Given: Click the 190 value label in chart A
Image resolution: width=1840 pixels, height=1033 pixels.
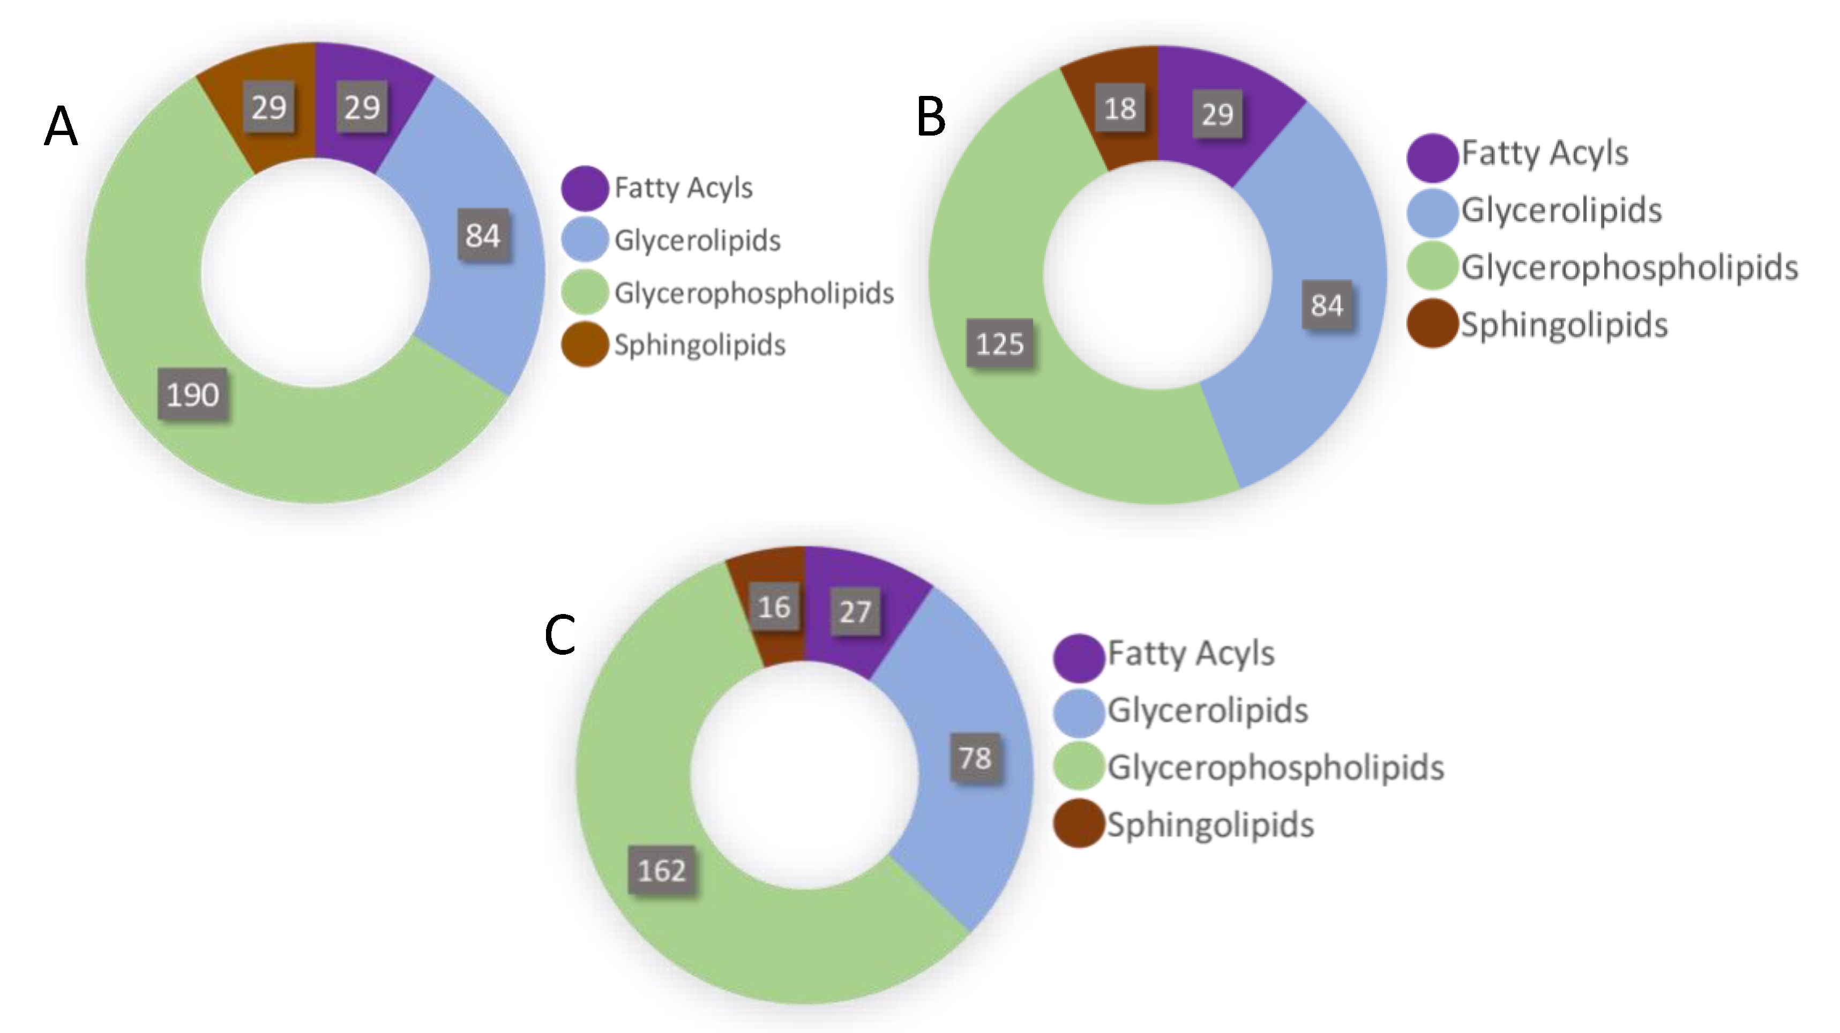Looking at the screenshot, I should click(x=193, y=394).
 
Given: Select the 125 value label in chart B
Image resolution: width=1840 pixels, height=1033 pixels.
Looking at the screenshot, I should click(x=999, y=343).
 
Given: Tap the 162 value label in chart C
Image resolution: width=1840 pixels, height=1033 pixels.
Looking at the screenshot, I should click(x=661, y=870).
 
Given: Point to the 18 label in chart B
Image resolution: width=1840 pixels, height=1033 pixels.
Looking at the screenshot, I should click(x=1119, y=109).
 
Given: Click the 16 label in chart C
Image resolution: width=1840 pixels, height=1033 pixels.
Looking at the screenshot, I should click(x=774, y=607).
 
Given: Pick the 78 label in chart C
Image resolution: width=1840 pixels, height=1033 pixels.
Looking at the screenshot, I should click(x=975, y=758).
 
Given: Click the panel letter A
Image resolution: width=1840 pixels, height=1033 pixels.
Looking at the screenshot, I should click(x=61, y=126).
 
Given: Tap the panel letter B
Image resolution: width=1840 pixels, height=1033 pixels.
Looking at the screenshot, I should click(x=931, y=117).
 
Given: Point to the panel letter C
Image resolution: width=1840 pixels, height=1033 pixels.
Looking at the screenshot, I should click(x=559, y=635).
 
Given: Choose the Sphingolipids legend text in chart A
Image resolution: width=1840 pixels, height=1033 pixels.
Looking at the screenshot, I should click(x=699, y=345).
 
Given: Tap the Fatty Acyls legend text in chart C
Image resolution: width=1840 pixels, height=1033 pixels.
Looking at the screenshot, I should click(x=1191, y=653).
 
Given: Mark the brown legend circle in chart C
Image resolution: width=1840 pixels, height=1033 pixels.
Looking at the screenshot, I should click(x=1079, y=824).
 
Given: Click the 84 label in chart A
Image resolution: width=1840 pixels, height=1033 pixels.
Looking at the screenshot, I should click(x=483, y=235).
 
